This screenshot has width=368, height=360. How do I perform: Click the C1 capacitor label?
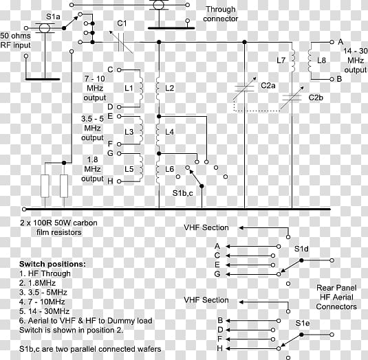[122, 23]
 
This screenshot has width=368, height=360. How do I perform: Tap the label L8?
[321, 60]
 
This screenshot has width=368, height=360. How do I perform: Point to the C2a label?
[268, 86]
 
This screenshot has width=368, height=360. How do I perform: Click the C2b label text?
[316, 98]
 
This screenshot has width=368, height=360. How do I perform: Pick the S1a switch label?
[53, 16]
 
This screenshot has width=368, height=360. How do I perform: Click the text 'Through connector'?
[220, 14]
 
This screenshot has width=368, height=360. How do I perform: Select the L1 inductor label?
[129, 88]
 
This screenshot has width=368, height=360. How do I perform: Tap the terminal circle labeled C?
[119, 70]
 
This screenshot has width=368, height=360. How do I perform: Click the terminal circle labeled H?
[119, 181]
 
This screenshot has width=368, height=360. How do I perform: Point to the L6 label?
[169, 169]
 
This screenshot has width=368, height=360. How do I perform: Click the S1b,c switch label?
[182, 193]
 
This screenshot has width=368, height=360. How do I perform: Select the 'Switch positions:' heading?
[52, 264]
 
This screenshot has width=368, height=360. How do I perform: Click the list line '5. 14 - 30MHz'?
[44, 311]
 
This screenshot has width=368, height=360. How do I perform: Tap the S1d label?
[301, 249]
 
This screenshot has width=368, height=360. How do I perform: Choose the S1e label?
[303, 323]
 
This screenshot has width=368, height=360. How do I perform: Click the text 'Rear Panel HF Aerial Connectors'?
[336, 297]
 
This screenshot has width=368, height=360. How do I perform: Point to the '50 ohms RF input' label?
[16, 41]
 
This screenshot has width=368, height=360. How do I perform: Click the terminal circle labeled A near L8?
[332, 42]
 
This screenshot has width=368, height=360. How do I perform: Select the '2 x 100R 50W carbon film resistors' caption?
[58, 227]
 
